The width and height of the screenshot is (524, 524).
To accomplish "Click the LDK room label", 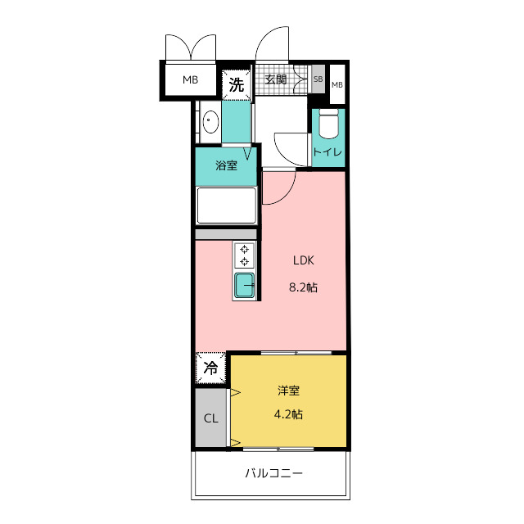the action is (x=304, y=260).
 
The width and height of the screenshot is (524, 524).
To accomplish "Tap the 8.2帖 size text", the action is (x=303, y=287).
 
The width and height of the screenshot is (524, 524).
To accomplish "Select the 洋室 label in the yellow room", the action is (x=288, y=391).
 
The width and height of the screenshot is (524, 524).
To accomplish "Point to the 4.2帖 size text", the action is (x=288, y=414).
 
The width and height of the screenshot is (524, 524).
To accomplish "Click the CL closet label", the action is (x=211, y=418).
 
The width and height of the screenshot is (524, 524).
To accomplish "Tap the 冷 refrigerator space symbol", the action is (x=210, y=368).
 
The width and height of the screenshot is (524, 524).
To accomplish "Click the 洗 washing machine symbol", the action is (x=237, y=85).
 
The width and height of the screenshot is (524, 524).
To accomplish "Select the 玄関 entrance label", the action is (x=276, y=79).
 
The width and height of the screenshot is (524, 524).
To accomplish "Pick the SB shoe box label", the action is (x=318, y=79).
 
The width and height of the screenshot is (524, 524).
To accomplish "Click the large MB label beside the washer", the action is (x=190, y=80).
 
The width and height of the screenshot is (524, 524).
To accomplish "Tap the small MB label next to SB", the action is (x=337, y=85).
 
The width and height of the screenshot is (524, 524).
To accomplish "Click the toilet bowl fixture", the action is (x=329, y=124).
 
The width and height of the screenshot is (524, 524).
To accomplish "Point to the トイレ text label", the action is (x=327, y=152).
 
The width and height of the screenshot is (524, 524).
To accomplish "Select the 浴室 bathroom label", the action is (x=226, y=165).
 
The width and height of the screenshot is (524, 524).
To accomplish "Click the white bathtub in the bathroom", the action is (x=226, y=206).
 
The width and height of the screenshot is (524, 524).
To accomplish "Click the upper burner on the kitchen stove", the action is (x=245, y=249).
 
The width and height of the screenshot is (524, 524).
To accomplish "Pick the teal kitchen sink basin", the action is (x=244, y=285).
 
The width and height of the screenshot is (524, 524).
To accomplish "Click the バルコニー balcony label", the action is (x=274, y=473).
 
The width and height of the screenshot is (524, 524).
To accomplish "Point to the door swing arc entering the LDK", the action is (x=285, y=194).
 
